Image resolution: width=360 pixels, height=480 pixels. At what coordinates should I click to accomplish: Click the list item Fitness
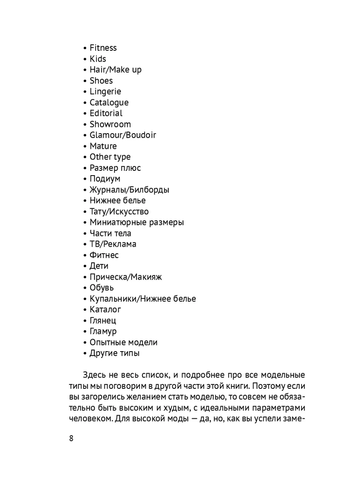point(103,48)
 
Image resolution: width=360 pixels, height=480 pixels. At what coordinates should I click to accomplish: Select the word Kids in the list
point(98,59)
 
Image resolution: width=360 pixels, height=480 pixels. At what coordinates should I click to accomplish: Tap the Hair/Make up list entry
point(116,70)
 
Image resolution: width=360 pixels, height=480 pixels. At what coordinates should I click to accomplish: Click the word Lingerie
point(105,92)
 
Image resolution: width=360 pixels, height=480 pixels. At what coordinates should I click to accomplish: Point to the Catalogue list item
point(109,102)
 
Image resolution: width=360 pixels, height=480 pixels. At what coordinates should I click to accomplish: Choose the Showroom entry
point(110,124)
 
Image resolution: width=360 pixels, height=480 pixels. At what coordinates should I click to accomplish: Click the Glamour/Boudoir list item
point(123,135)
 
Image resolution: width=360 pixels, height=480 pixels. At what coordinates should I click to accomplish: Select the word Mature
point(103,146)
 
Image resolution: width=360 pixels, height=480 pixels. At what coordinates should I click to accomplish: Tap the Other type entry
point(110,157)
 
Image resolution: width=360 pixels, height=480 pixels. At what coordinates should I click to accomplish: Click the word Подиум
point(105,179)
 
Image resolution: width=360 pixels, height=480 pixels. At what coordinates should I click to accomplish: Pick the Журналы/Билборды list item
point(129,190)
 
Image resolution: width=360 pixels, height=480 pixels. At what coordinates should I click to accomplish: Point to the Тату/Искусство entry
point(119,212)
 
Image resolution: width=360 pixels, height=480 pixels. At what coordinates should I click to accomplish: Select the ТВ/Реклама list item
point(113,244)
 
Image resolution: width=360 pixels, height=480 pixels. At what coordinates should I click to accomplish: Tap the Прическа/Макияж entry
point(126,277)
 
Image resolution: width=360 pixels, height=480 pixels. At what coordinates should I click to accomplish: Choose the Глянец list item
point(103,320)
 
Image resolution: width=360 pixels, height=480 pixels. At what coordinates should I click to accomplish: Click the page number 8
point(71,438)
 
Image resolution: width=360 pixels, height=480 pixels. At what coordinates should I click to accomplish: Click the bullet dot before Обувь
point(85,288)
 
